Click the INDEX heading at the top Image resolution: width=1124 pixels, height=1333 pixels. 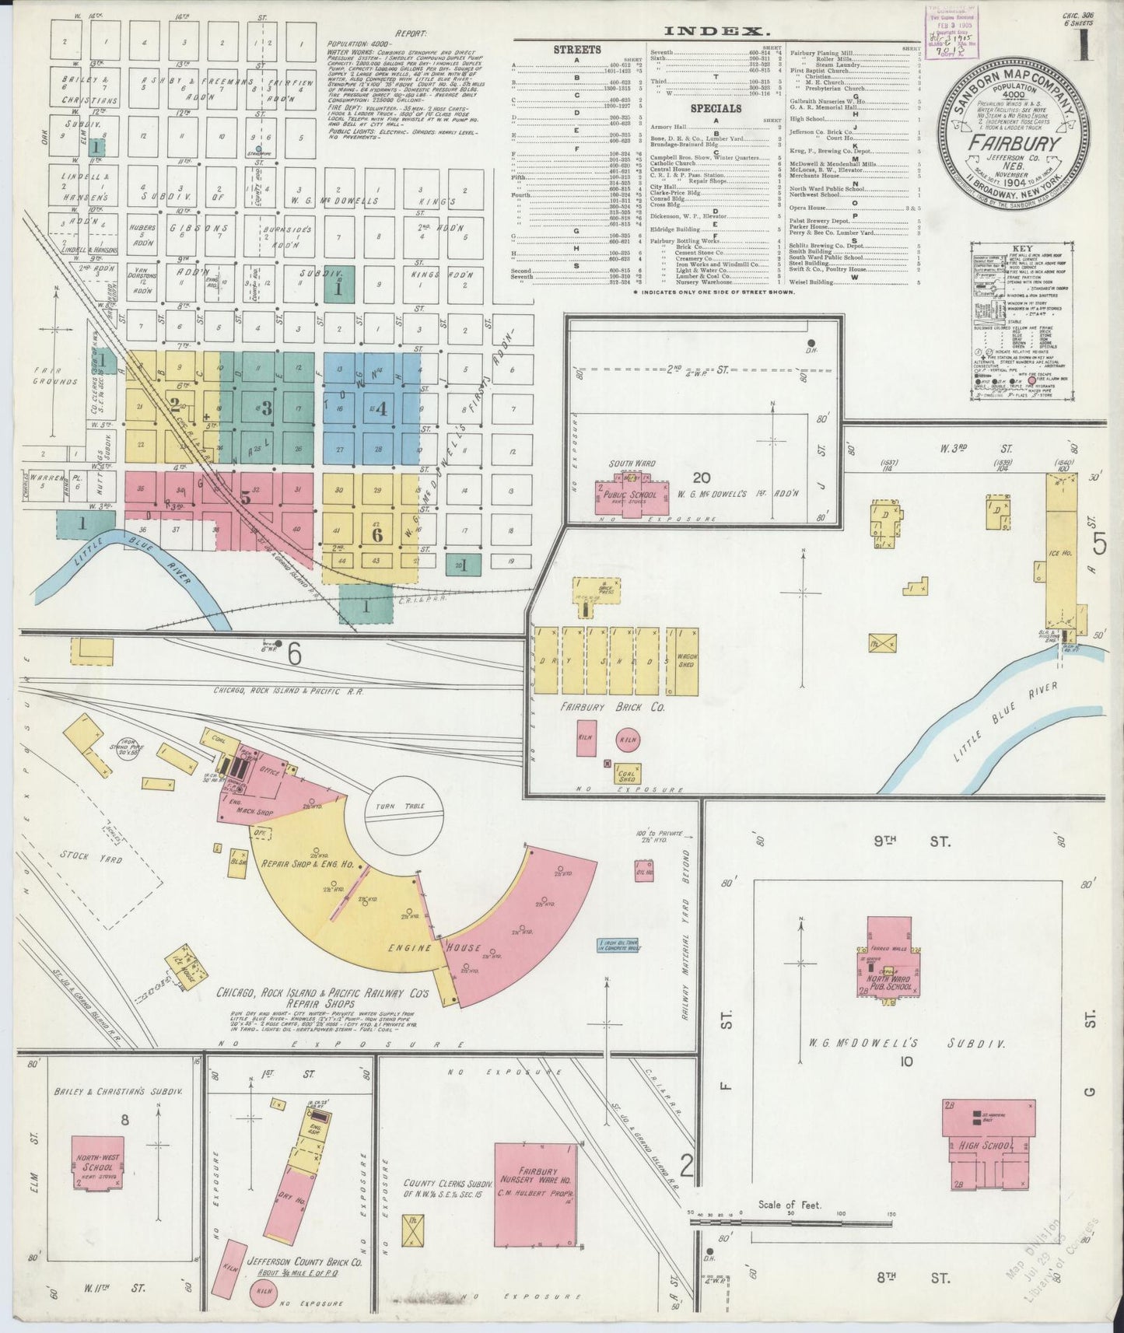point(713,32)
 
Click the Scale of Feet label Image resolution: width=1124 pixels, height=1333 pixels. point(790,1205)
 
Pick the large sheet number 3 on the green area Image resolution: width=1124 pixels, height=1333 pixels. point(267,407)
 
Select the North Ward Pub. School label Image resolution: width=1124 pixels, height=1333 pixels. point(889,981)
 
